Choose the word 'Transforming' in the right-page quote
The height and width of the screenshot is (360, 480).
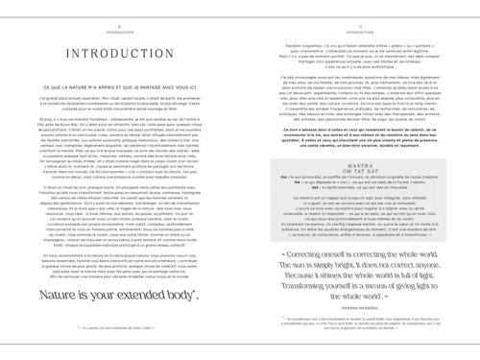(x=294, y=294)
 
